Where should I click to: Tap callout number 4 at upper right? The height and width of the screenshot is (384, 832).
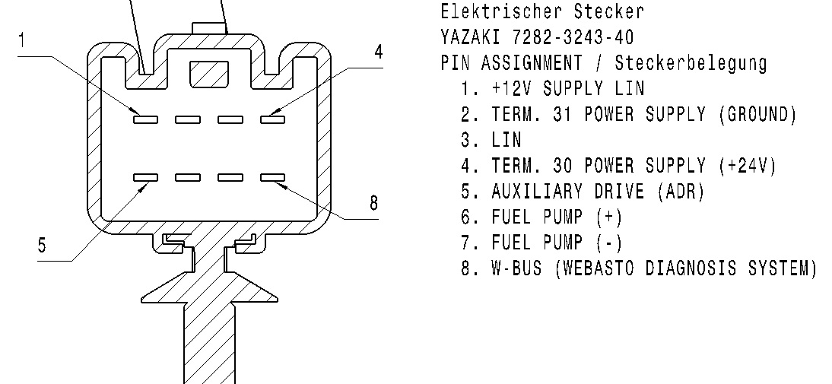point(378,52)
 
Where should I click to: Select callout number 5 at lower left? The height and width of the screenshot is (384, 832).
point(42,245)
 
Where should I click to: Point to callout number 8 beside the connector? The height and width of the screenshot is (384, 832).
point(373,203)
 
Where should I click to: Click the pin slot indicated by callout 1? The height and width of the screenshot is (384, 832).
point(145,119)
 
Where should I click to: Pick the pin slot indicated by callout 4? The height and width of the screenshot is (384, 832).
point(273,119)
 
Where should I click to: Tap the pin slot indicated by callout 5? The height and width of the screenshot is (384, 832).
point(145,177)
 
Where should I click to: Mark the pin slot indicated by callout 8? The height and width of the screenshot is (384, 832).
point(273,177)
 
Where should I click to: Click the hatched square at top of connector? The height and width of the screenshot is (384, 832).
point(209,74)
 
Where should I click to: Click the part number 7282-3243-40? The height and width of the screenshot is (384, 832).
point(573,37)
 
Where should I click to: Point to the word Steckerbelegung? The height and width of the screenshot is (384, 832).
point(691,64)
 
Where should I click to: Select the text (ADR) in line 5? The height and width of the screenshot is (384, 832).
point(681,192)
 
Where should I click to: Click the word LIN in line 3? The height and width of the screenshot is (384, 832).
point(507,140)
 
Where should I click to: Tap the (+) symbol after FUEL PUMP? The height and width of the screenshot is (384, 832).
point(608,217)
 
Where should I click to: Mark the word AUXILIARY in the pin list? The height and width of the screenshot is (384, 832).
point(537,192)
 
